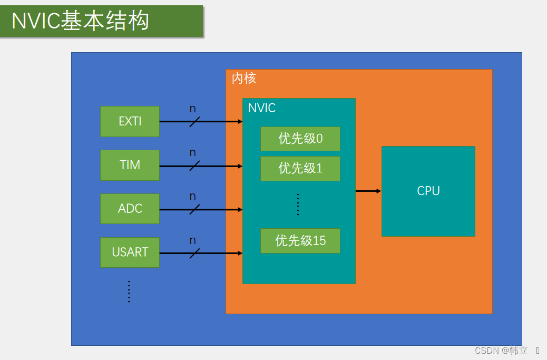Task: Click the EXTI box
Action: click(x=130, y=121)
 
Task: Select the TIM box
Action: click(x=130, y=165)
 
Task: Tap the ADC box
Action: click(x=130, y=208)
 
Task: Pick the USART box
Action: click(x=130, y=252)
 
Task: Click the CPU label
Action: click(x=428, y=191)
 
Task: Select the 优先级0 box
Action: click(x=300, y=139)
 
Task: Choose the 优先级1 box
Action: click(x=300, y=168)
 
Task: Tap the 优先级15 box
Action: click(x=300, y=241)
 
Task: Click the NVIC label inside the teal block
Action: click(x=261, y=108)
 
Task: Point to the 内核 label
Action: click(x=243, y=79)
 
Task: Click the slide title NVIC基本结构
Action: click(x=81, y=21)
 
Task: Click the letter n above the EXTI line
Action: click(x=193, y=109)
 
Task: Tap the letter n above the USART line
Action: click(x=193, y=240)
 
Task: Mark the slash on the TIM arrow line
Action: click(x=194, y=166)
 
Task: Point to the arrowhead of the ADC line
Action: click(x=240, y=209)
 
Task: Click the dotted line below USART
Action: click(x=129, y=291)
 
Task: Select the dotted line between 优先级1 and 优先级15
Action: click(x=298, y=205)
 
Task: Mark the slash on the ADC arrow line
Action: click(x=194, y=209)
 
